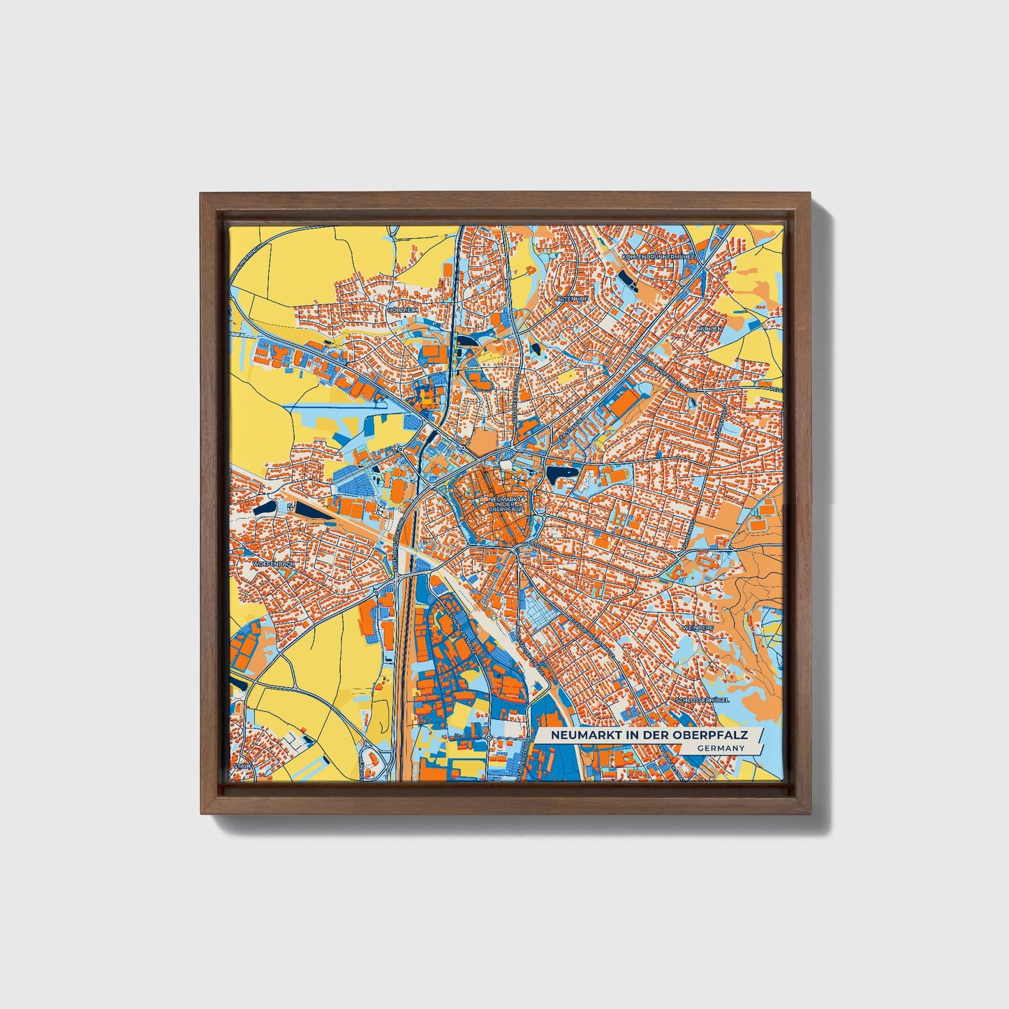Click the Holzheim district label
(x=403, y=309)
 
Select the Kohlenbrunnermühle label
(x=658, y=257)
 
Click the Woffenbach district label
(x=270, y=563)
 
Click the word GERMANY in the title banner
(x=720, y=748)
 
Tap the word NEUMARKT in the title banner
(x=580, y=735)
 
